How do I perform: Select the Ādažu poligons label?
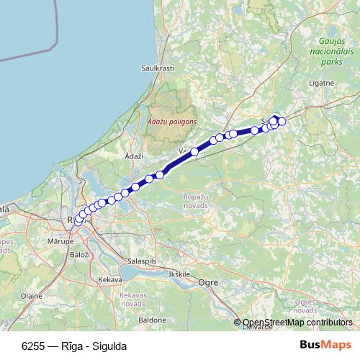click(x=171, y=122)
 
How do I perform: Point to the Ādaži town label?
click(x=134, y=156)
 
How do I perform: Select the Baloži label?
click(x=79, y=255)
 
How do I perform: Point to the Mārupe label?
click(x=57, y=241)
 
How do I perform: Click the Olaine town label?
click(x=31, y=295)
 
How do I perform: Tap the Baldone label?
click(x=152, y=318)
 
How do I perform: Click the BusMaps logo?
click(x=325, y=344)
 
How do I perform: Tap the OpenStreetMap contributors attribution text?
click(x=297, y=323)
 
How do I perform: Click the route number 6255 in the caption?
click(x=33, y=345)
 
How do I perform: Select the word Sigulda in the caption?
click(x=111, y=345)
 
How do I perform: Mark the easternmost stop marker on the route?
click(x=282, y=121)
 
